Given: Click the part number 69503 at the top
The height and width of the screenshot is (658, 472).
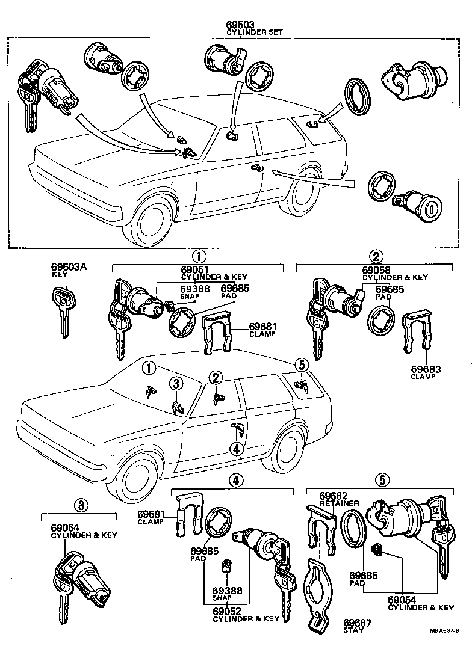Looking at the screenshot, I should [x=240, y=24].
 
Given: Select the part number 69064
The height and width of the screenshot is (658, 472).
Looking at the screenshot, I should [x=67, y=528].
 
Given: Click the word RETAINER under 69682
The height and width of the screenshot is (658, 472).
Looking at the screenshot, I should [x=340, y=503].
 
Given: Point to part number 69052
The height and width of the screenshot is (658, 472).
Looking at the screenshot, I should [x=227, y=611].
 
